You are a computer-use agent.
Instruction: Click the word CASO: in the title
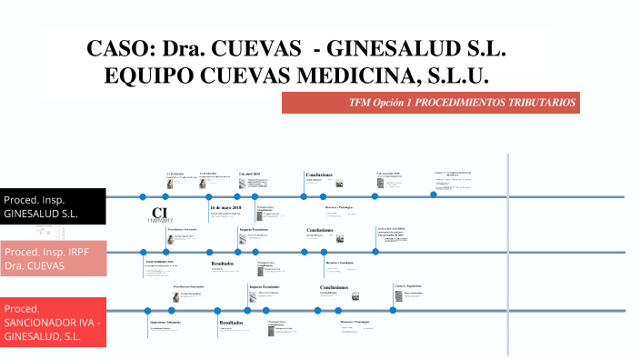click(118, 49)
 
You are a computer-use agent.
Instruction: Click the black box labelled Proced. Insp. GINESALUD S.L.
click(53, 206)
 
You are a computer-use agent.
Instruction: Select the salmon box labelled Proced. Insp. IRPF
click(53, 258)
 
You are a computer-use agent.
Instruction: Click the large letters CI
click(160, 213)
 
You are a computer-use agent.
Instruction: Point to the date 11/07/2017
click(160, 221)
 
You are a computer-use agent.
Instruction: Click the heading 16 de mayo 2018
click(225, 208)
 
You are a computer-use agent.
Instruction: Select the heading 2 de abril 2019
click(249, 173)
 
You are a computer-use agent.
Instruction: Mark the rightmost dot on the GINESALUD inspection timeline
click(434, 195)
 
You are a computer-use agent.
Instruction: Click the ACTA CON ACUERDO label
click(391, 227)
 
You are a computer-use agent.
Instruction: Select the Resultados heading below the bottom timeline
click(231, 322)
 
